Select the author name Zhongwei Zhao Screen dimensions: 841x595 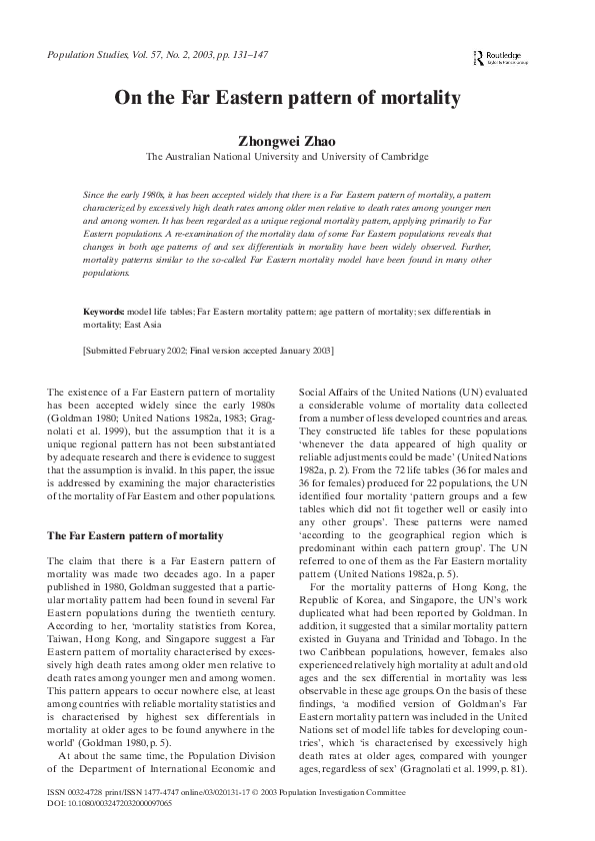click(287, 139)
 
